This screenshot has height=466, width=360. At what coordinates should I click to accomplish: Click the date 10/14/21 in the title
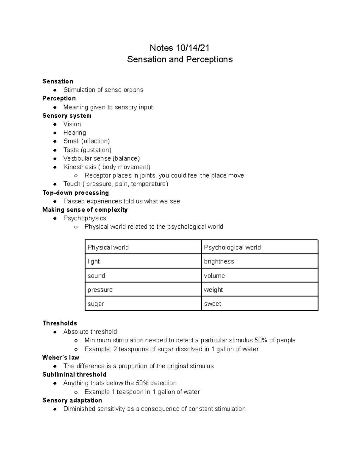[193, 48]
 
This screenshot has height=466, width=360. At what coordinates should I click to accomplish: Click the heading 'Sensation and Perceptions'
[180, 59]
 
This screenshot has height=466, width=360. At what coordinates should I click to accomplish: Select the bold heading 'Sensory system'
[67, 116]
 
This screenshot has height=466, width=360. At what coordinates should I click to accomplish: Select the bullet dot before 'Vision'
[55, 124]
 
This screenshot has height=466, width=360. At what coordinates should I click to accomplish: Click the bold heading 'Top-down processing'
[76, 193]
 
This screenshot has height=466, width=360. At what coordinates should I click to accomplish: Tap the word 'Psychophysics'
[85, 218]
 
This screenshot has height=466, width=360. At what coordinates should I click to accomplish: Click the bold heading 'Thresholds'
[60, 323]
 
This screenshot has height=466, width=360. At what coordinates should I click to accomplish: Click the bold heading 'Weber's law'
[61, 357]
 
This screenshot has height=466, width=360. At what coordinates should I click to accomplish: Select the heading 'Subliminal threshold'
[74, 374]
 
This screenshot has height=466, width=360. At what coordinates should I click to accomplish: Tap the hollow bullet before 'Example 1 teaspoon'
[76, 392]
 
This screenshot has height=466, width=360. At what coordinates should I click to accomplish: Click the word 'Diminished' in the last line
[79, 409]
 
